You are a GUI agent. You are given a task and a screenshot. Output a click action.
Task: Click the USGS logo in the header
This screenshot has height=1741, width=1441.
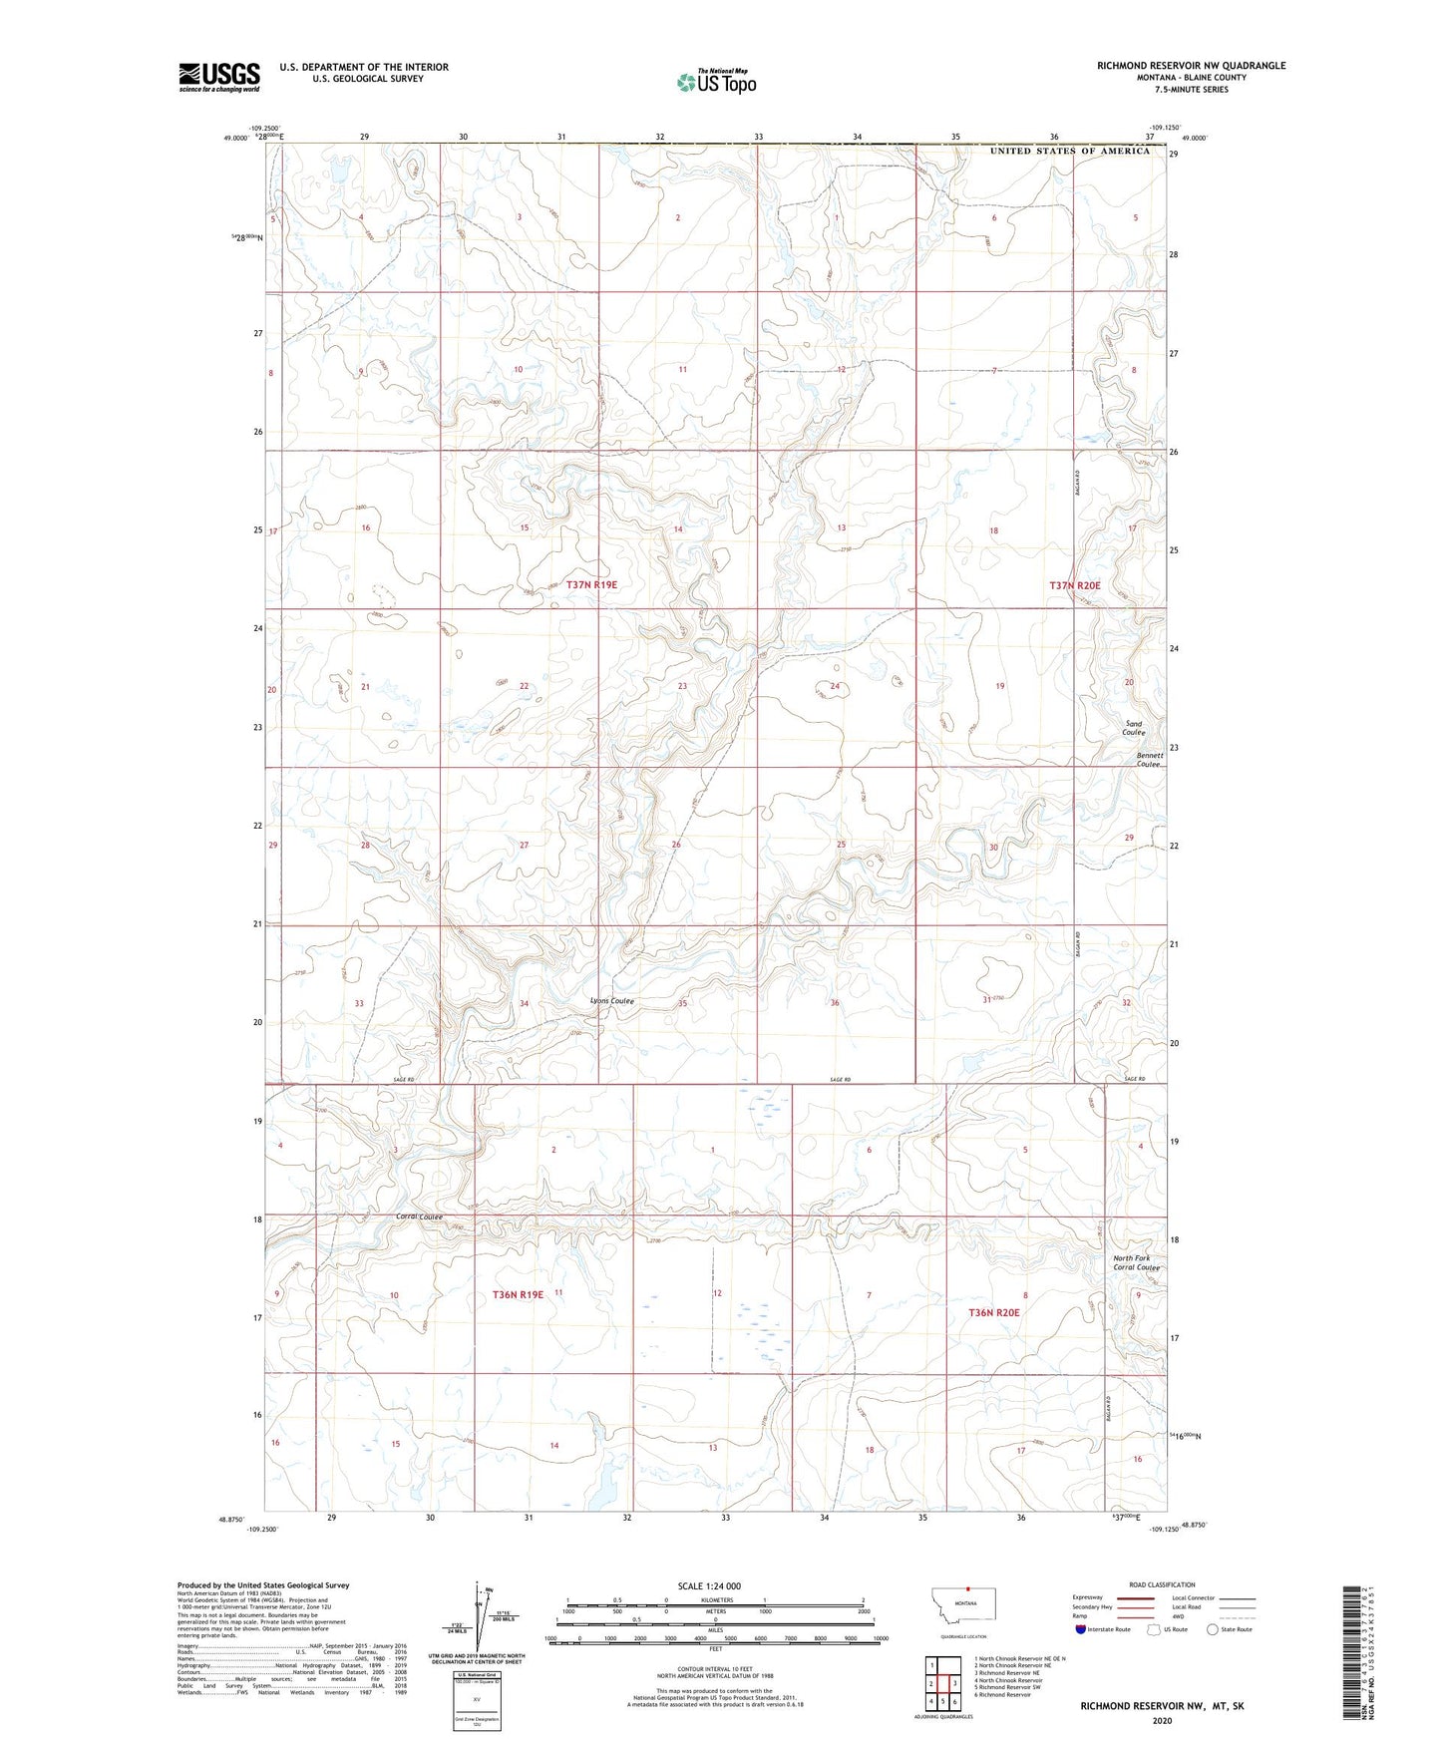(218, 77)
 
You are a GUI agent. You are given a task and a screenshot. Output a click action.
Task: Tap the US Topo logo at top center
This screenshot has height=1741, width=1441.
(716, 82)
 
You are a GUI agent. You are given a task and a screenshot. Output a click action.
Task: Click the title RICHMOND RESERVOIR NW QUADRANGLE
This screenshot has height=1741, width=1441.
(1191, 66)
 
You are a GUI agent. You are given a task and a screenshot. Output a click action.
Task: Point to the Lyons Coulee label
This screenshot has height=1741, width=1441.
(612, 1001)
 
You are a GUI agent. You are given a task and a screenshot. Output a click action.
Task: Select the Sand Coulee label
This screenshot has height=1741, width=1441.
(1134, 729)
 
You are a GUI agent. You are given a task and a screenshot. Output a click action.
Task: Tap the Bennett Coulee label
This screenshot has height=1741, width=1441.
(1150, 760)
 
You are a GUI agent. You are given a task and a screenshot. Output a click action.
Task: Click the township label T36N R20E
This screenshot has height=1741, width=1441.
(994, 1312)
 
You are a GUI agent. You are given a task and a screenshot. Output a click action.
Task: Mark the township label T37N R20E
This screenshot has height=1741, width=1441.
(1074, 585)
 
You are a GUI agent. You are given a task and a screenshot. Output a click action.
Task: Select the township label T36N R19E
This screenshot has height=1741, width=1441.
(518, 1294)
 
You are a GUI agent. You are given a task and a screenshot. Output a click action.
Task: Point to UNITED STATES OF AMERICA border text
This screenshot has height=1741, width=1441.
(1069, 151)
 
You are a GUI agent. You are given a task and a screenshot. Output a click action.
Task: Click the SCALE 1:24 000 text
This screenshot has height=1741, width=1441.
(709, 1586)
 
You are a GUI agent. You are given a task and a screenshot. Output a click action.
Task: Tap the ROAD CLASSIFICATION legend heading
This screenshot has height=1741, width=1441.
(1161, 1584)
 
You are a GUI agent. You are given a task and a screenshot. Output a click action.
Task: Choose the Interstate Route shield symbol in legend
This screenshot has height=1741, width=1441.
(1082, 1629)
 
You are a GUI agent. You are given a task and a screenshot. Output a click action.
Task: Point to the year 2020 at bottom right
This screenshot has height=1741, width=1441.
(1161, 1721)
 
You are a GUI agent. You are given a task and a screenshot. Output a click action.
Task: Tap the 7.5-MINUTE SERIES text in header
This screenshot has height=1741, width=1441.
(1191, 90)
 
